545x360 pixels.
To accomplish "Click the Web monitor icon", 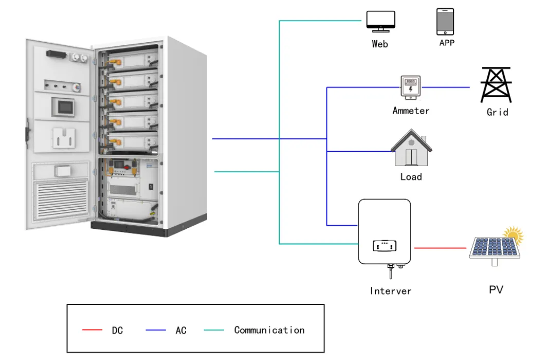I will (380, 21).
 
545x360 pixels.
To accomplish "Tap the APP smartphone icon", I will (445, 21).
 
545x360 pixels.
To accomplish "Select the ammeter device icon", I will (410, 88).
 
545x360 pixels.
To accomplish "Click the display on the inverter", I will (385, 246).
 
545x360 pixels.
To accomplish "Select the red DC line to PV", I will (440, 248).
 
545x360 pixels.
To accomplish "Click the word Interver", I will (391, 291).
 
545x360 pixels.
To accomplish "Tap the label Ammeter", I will (411, 111).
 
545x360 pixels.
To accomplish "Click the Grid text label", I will (497, 112).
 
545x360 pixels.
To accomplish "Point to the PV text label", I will (496, 290).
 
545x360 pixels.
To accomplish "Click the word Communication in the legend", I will (269, 330).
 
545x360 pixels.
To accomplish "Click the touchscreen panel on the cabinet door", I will (64, 106).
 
